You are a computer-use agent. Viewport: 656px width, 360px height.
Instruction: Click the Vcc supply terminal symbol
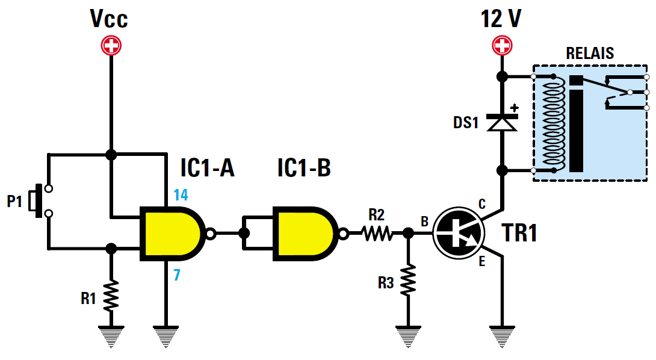(111, 46)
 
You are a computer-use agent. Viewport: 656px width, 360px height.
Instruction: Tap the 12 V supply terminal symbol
(501, 45)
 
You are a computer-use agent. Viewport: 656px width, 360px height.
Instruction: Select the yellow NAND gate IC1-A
(172, 234)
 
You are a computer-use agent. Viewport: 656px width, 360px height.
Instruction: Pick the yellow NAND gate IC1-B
(305, 234)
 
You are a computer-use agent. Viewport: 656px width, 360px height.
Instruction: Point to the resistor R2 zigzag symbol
(377, 233)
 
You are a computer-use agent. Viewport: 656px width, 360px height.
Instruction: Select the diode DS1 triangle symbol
(501, 123)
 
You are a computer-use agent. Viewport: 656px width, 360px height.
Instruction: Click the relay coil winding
(552, 123)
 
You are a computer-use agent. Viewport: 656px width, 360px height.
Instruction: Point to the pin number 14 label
(181, 194)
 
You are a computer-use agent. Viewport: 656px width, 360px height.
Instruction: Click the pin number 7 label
(178, 275)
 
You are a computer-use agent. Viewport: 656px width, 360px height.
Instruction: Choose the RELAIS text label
(590, 53)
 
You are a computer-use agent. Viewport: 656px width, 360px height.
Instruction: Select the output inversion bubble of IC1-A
(210, 234)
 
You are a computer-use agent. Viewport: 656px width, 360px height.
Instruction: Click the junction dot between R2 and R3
(408, 233)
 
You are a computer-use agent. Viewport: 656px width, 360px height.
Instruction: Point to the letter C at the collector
(481, 205)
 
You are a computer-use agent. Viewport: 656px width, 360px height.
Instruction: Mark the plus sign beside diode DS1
(515, 108)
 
